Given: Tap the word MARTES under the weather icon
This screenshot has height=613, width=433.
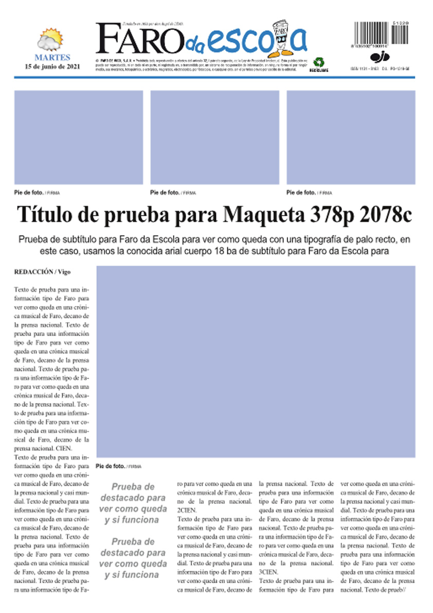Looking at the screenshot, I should (x=52, y=58).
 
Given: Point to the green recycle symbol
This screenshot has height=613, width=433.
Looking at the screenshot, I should (x=319, y=61).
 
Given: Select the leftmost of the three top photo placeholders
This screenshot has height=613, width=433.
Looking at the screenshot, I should (x=79, y=137).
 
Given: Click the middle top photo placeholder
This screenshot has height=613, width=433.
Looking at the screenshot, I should (x=214, y=137).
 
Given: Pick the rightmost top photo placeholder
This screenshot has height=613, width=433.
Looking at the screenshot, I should (x=351, y=137).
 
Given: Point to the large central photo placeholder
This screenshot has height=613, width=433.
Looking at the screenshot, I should (x=256, y=361).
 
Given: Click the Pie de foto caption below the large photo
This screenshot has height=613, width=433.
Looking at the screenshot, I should (x=111, y=466).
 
